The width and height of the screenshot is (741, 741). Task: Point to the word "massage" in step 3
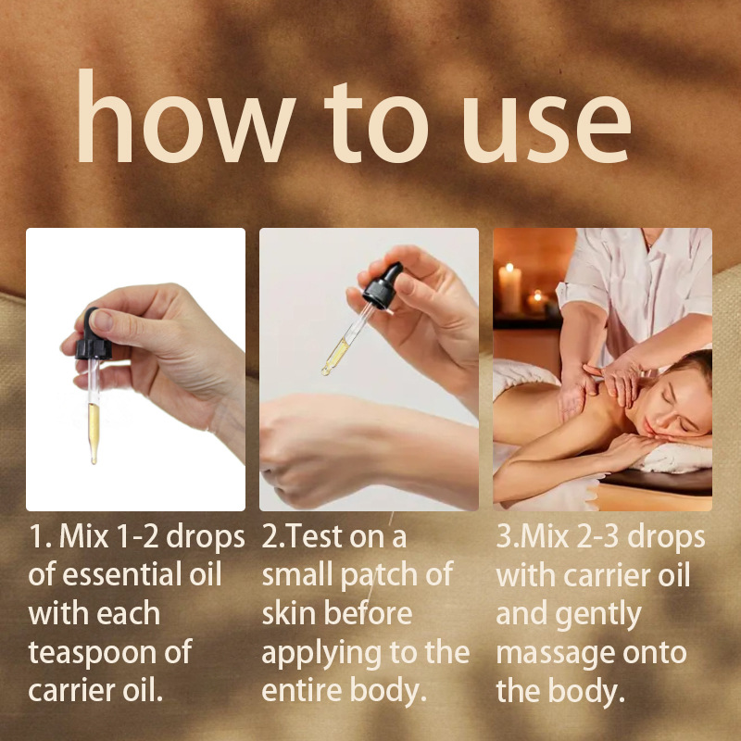coord(555,652)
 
